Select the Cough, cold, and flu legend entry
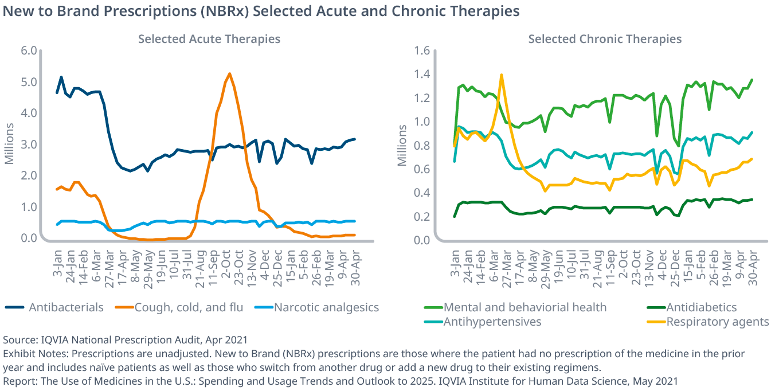tap(189, 308)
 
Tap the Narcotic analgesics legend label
tap(326, 308)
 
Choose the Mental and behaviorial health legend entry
tap(525, 308)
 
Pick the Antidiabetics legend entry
tap(701, 308)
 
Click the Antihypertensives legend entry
tap(492, 322)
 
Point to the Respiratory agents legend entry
tap(717, 322)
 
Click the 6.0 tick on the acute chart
tap(29, 51)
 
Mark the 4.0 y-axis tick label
tap(29, 113)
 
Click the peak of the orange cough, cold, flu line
tap(229, 73)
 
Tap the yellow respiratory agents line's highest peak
tap(502, 75)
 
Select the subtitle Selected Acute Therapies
tap(209, 39)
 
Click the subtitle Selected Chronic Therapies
tap(605, 39)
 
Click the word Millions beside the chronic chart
tap(402, 146)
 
